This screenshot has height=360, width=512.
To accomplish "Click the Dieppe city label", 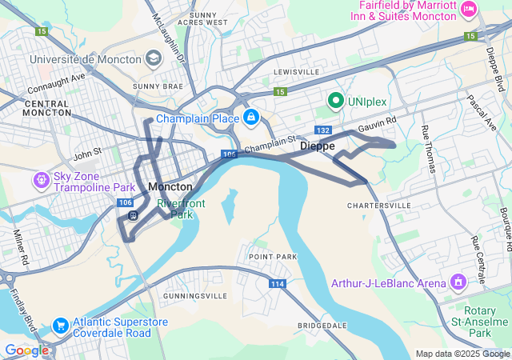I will [x=317, y=146].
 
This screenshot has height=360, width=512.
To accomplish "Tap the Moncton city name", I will [x=170, y=186].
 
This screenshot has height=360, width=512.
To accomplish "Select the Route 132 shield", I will [x=323, y=130].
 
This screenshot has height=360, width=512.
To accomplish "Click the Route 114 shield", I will [x=278, y=284].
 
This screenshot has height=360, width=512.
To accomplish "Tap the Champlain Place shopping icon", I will [x=251, y=118].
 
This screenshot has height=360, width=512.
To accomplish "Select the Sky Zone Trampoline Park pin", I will [x=41, y=181].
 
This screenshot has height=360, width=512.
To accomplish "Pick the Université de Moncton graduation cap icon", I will [x=153, y=59].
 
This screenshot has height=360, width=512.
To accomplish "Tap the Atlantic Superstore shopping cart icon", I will [x=59, y=325].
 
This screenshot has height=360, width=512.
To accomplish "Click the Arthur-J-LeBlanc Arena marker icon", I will [x=458, y=282].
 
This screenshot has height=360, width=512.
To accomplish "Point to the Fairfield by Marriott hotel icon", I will [x=469, y=9].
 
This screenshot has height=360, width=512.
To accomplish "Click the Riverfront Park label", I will [x=180, y=209].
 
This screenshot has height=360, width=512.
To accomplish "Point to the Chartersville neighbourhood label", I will [x=378, y=206].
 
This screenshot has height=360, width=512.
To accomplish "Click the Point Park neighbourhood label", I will [x=272, y=256].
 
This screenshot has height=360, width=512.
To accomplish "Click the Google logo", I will [x=26, y=350].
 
